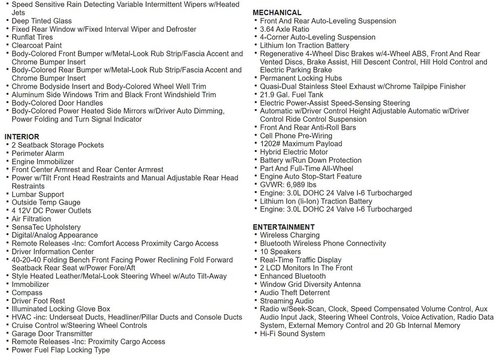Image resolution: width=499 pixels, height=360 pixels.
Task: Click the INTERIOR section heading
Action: tap(22, 137)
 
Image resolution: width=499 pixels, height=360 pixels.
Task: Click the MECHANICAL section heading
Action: tap(277, 13)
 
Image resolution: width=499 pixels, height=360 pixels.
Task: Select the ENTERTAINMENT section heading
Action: tap(284, 227)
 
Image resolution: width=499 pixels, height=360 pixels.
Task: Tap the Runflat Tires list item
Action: tap(32, 37)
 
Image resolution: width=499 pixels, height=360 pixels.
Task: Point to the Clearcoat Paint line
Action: tap(37, 45)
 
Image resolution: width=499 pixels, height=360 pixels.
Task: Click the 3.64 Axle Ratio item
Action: tap(284, 29)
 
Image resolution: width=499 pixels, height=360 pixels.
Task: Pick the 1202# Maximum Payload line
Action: tap(301, 144)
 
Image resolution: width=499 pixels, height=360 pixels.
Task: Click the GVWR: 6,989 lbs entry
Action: tap(288, 185)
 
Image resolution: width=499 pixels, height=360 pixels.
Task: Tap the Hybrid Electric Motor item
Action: tap(294, 152)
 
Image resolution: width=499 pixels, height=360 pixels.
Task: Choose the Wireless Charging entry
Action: tap(289, 235)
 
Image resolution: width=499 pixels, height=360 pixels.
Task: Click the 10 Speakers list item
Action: tap(280, 252)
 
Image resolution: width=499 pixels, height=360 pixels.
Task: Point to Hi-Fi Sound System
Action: tap(292, 334)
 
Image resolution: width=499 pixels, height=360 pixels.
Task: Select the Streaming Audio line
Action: tap(287, 301)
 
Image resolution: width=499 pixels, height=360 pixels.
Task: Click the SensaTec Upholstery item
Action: tap(46, 227)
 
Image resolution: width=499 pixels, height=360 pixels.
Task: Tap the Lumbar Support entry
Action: tap(38, 194)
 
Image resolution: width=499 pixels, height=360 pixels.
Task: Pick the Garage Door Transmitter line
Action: tap(52, 334)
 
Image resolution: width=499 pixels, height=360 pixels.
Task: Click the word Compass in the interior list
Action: tap(27, 293)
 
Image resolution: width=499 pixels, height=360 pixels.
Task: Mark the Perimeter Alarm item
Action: tap(38, 153)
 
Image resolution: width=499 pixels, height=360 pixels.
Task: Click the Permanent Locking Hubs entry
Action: tap(301, 78)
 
